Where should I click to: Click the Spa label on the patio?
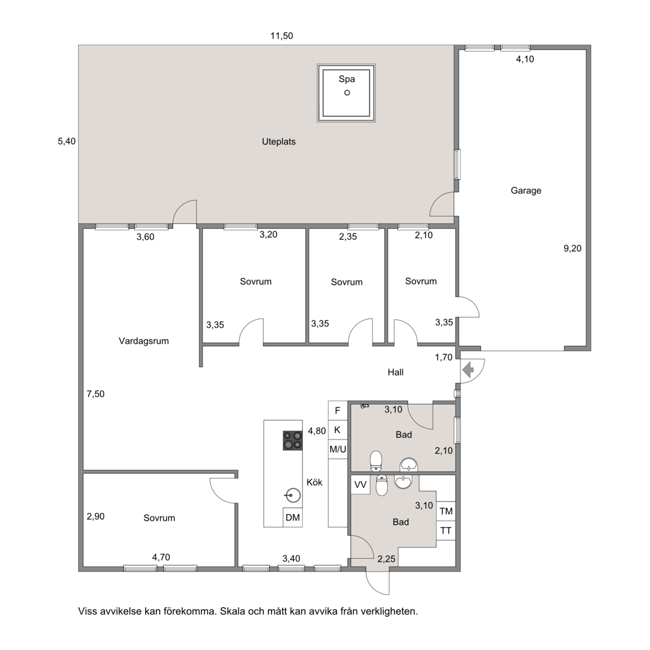(346, 79)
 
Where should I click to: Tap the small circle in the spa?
(347, 93)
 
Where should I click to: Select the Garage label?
(526, 191)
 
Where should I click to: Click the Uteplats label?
(279, 142)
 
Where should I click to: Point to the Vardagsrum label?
(143, 341)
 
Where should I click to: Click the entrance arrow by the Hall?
(468, 370)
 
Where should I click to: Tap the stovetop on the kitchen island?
(293, 441)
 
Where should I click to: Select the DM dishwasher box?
(293, 517)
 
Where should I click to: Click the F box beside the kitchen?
(337, 411)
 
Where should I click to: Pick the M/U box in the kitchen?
(337, 449)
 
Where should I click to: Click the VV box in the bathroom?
(360, 485)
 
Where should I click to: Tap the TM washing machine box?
(446, 511)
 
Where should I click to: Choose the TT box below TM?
(446, 530)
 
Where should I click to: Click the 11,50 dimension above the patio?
(282, 36)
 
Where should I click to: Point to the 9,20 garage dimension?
(573, 249)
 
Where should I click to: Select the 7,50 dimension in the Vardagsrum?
(95, 394)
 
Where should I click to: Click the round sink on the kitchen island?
(293, 495)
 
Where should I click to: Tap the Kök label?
(314, 482)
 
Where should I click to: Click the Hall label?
(396, 372)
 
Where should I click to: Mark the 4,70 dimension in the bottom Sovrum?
(161, 557)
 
